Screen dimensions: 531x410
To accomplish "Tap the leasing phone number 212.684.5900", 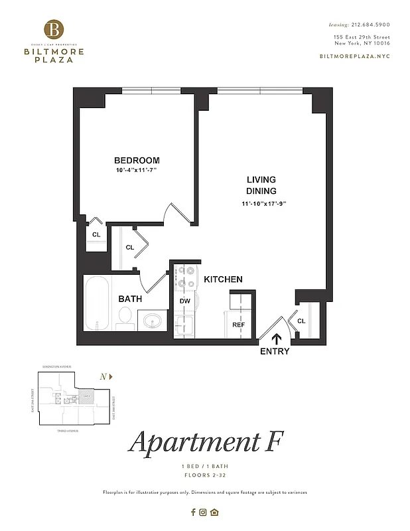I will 370,25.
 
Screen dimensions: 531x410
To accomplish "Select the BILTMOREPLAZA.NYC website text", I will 355,56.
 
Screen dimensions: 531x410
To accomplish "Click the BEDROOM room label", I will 137,161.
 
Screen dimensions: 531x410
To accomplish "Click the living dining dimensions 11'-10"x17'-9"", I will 263,204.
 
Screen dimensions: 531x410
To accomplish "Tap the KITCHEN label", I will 223,279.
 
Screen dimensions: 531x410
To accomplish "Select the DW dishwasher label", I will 185,301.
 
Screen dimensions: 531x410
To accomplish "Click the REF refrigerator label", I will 238,325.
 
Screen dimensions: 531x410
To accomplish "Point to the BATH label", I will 130,299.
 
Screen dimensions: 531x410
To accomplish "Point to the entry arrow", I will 275,339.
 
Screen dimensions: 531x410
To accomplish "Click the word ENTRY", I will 275,351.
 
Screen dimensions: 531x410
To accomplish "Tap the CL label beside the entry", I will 301,321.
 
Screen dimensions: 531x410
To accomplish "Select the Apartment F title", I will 205,443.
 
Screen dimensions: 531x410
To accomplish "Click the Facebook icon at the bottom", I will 193,512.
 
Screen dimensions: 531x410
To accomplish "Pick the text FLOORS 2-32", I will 205,476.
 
